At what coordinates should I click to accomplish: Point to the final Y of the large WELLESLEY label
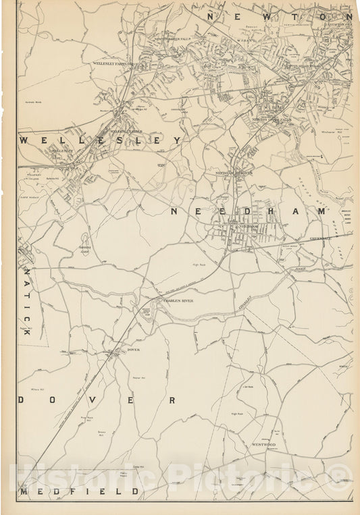click(177, 140)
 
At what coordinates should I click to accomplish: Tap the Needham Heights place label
click(234, 173)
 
